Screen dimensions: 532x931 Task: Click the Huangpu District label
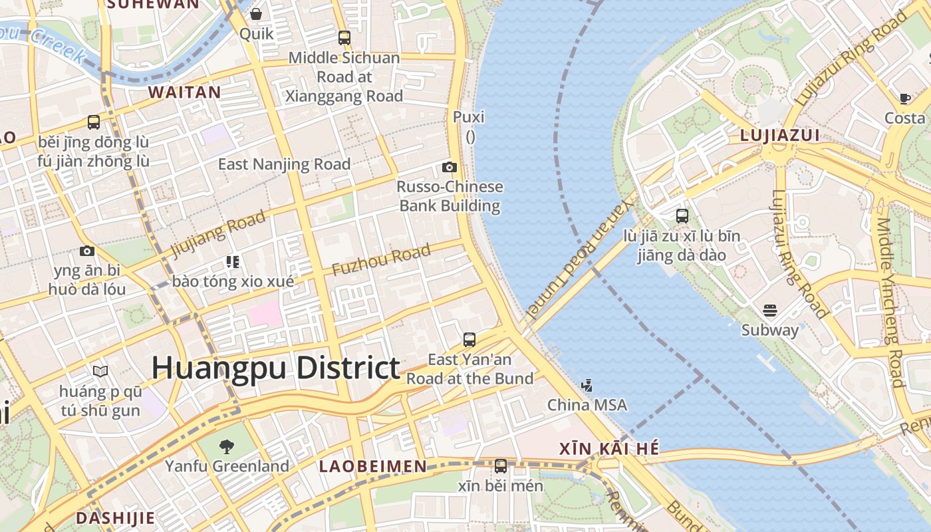276,368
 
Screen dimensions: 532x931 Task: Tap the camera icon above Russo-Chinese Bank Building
450,167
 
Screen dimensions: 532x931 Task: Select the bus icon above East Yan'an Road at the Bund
469,340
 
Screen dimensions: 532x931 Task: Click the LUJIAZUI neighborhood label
780,136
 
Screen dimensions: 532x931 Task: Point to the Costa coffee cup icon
904,98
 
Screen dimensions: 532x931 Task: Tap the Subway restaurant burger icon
770,310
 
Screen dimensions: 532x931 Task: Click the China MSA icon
587,385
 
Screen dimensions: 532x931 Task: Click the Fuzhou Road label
381,261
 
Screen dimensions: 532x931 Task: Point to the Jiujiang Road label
218,233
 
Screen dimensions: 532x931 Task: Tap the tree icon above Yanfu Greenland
227,446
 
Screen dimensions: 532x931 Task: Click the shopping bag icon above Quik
256,14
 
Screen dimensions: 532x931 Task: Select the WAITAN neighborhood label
184,92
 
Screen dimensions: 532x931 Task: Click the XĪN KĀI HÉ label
610,449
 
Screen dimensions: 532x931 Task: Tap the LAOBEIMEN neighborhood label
372,466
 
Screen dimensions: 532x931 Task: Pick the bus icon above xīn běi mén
501,466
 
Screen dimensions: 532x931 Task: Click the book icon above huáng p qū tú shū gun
100,371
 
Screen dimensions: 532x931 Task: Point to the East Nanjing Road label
284,164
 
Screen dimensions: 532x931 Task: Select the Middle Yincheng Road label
890,303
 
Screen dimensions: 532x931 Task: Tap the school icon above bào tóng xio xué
232,261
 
